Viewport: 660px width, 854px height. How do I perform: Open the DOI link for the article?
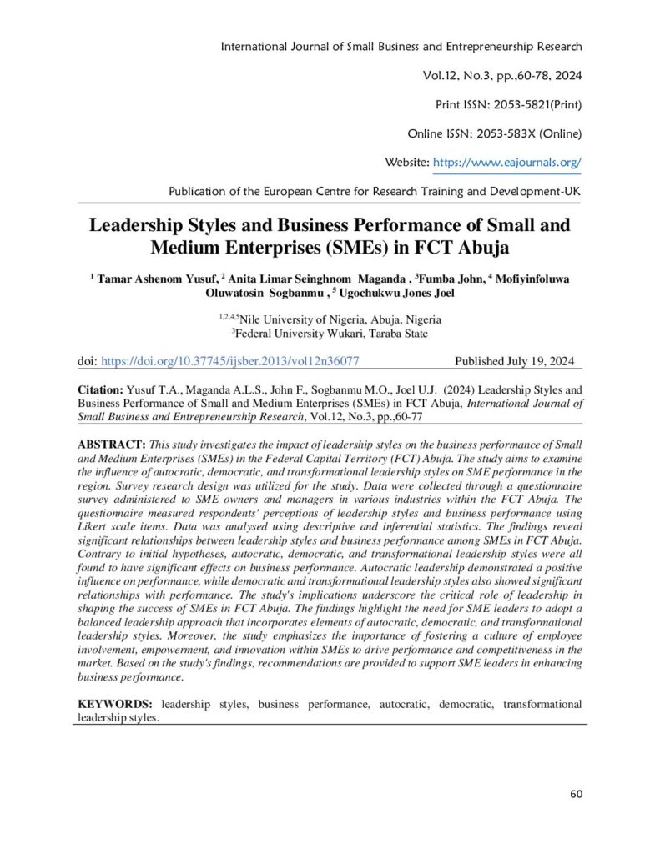pyautogui.click(x=229, y=362)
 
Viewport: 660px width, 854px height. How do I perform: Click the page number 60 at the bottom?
pyautogui.click(x=576, y=792)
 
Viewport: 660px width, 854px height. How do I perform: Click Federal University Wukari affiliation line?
pyautogui.click(x=330, y=334)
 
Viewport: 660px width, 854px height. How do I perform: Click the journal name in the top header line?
pyautogui.click(x=401, y=47)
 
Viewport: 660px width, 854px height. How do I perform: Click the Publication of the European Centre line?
pyautogui.click(x=375, y=191)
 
